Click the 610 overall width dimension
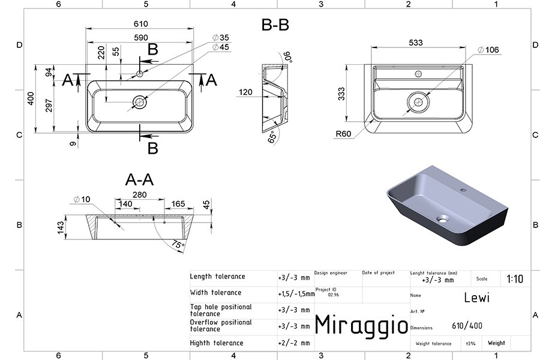click(x=140, y=24)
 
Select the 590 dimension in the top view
click(x=140, y=38)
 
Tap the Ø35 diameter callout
click(x=221, y=37)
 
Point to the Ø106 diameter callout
click(x=488, y=50)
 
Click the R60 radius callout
click(x=343, y=134)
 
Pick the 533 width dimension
click(x=416, y=43)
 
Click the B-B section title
click(x=275, y=25)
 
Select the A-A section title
click(x=139, y=179)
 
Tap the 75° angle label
click(x=178, y=245)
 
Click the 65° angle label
click(x=272, y=137)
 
